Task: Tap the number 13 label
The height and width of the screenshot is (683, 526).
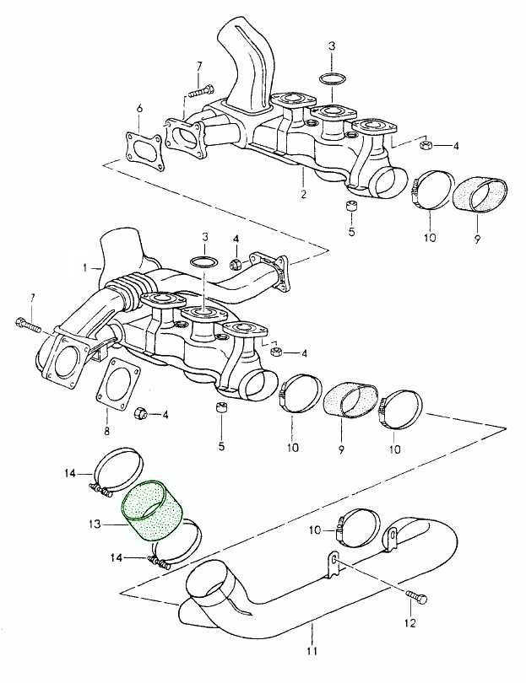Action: (x=96, y=524)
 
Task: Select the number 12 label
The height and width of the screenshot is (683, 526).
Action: (x=410, y=625)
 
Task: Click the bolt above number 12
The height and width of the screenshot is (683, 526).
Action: (x=413, y=598)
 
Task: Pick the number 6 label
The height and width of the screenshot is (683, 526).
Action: (x=140, y=108)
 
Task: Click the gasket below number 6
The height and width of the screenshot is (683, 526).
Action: (x=141, y=148)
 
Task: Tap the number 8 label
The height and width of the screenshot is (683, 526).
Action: (x=106, y=432)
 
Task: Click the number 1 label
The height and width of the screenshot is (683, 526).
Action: (x=85, y=267)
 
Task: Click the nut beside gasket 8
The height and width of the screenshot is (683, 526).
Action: (x=142, y=413)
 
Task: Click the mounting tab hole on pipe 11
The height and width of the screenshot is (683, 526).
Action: (x=334, y=560)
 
